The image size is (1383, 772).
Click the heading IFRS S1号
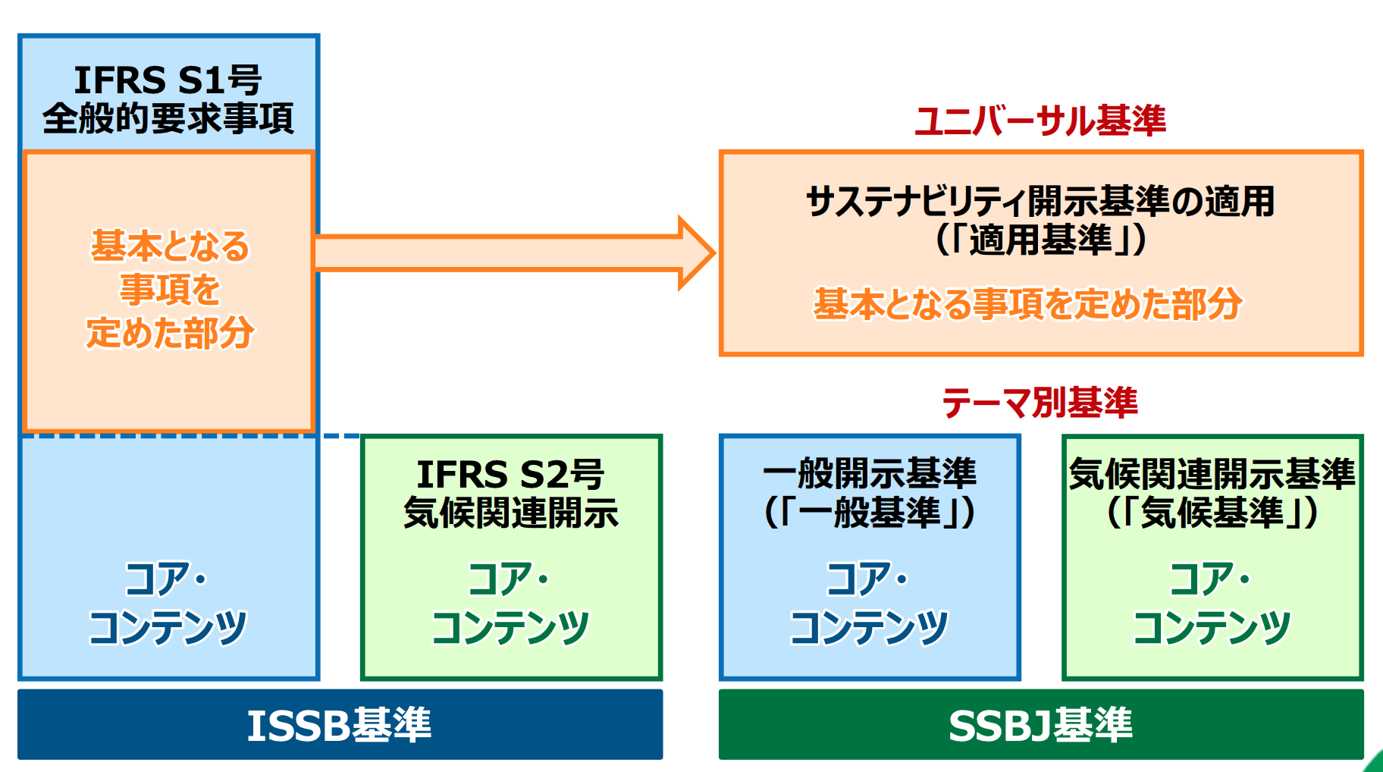pos(168,80)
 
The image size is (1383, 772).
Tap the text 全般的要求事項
pos(168,119)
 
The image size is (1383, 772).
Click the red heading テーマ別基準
pos(1040,402)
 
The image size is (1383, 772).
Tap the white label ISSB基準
pos(339,725)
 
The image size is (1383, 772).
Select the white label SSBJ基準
pos(1040,725)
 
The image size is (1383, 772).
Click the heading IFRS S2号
pos(510,475)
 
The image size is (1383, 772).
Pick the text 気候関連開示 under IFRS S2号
pos(510,513)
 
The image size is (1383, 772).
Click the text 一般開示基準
pos(870,474)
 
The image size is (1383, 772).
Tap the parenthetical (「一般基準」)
pos(870,513)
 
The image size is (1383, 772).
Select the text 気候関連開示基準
pos(1212,474)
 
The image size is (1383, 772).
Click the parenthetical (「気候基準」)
pos(1212,513)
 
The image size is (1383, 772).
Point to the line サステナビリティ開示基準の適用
pos(1040,202)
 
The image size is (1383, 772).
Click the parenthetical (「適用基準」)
pos(1040,240)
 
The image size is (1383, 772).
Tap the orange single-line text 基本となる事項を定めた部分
pos(1027,303)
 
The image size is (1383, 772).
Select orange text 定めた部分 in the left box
pos(170,333)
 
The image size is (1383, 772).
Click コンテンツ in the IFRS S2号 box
pos(510,628)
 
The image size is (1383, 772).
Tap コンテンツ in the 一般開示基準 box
pos(869,628)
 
